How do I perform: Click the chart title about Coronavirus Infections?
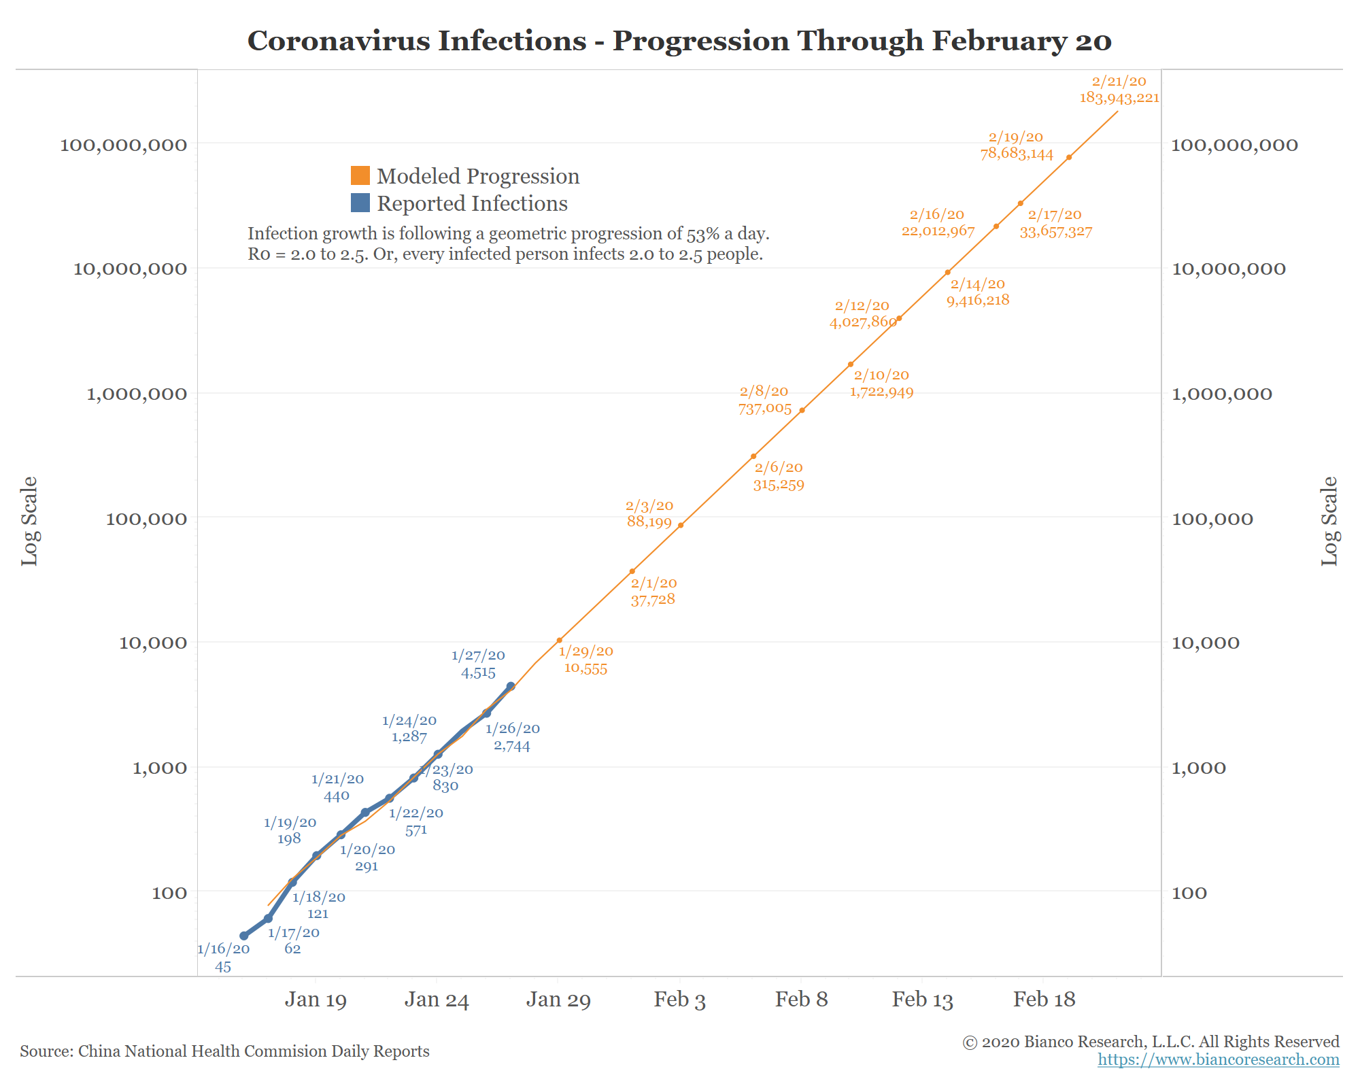(x=679, y=41)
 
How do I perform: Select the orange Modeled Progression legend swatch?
(x=360, y=175)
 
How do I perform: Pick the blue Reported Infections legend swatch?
(x=360, y=203)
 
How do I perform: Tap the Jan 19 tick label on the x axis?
(x=316, y=999)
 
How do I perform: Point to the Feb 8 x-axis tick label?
(x=801, y=999)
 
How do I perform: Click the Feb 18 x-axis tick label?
(x=1044, y=999)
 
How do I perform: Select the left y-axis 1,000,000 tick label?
(x=136, y=394)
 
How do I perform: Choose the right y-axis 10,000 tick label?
(x=1205, y=643)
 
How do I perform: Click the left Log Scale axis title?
(x=29, y=521)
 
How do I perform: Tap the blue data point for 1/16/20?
(x=243, y=936)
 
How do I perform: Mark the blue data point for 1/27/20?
(x=511, y=686)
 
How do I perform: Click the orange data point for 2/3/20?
(x=680, y=525)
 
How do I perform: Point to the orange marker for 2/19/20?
(x=1069, y=157)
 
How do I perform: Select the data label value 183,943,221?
(x=1119, y=98)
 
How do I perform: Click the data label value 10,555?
(x=585, y=668)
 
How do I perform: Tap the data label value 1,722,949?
(x=881, y=392)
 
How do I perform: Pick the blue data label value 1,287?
(x=409, y=736)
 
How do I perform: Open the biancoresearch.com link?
(x=1218, y=1059)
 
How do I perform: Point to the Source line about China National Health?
(x=224, y=1051)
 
